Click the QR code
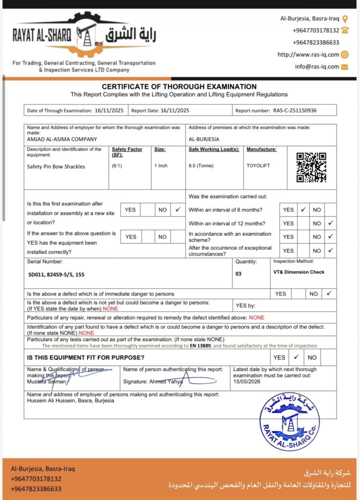(311, 167)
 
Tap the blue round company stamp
(289, 421)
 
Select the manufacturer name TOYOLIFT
(258, 166)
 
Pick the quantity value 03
(239, 274)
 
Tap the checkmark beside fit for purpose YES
(296, 357)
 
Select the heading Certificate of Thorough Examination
(179, 86)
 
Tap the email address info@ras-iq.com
(317, 67)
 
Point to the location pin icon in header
(345, 19)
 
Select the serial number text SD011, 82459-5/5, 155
(57, 274)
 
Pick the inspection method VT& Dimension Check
(299, 272)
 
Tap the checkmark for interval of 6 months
(303, 209)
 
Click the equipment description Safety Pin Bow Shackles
(56, 167)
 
